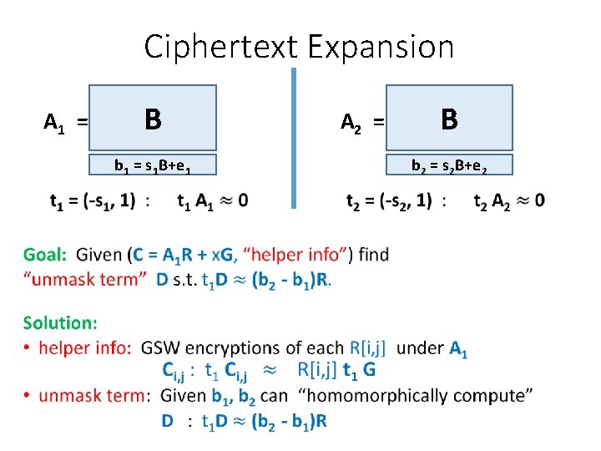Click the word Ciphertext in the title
pos(220,47)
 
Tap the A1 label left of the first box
pos(55,124)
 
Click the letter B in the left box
pos(152,119)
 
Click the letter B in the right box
pos(449,119)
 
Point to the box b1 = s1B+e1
pos(154,165)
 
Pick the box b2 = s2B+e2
pos(449,165)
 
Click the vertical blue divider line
pos(294,138)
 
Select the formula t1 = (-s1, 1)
pos(92,200)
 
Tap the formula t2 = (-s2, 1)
pos(389,200)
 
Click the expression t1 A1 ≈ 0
pos(213,200)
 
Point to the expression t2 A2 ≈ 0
pos(508,200)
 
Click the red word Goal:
pos(46,255)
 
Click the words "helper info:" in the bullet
pos(83,347)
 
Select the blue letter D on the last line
pos(168,421)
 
